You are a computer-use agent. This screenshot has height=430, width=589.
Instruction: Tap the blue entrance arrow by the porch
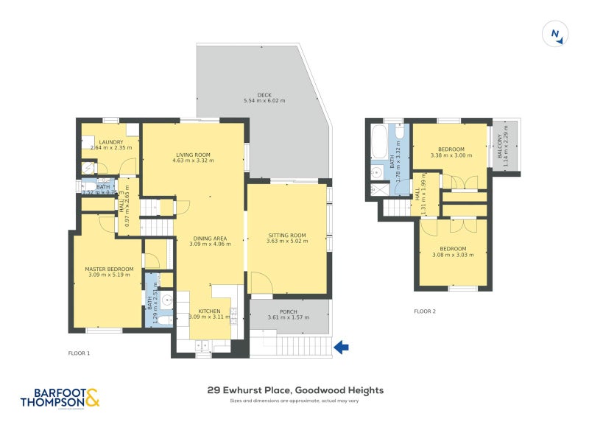tap(341, 346)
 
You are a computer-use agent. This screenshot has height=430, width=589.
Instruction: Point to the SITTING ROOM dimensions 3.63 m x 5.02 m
tap(286, 242)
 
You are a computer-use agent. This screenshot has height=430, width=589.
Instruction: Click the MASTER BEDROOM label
tap(109, 269)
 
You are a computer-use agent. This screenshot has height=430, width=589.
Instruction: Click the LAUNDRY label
tap(111, 141)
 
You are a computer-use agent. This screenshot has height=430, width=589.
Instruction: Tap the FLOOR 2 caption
tap(425, 311)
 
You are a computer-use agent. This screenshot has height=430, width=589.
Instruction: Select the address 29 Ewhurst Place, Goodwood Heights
tap(294, 390)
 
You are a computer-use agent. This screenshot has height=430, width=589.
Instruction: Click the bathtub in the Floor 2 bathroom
tap(380, 140)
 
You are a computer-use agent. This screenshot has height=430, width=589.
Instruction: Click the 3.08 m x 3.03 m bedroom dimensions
tap(452, 255)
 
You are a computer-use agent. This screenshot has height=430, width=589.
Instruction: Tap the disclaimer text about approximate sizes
tap(294, 401)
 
